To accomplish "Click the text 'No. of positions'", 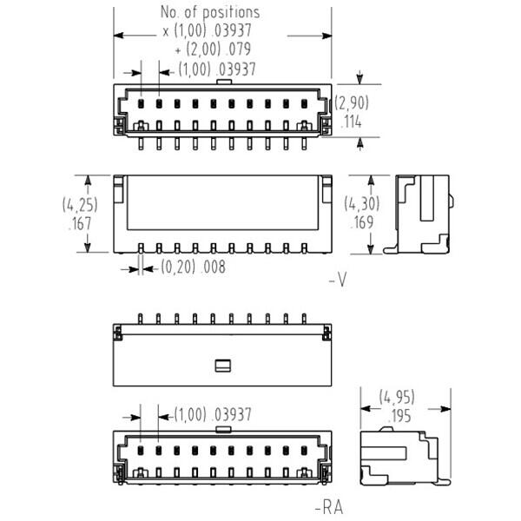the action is [x=210, y=12].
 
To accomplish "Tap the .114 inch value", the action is [x=352, y=122].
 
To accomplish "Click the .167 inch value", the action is [x=80, y=223].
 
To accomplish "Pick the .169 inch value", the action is [x=361, y=222].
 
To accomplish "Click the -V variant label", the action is [x=338, y=280].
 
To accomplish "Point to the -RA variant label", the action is [x=329, y=507].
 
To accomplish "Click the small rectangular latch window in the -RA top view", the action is [x=223, y=366].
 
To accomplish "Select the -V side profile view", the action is [x=419, y=214].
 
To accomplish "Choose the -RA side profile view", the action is [x=406, y=456].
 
